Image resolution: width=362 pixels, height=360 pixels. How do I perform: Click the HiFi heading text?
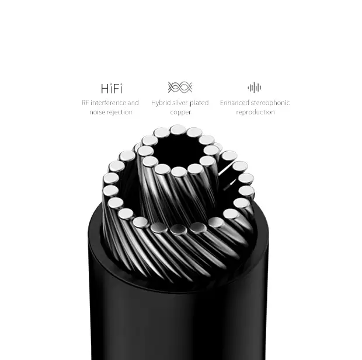tap(112, 89)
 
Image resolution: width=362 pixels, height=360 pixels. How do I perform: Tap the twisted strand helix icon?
tap(180, 88)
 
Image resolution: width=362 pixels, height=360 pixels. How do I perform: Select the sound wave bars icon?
tap(255, 88)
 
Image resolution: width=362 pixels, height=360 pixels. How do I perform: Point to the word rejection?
tap(120, 112)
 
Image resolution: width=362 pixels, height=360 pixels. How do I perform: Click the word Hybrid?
tap(161, 103)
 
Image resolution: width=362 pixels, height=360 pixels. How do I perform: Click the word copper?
tap(180, 113)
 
